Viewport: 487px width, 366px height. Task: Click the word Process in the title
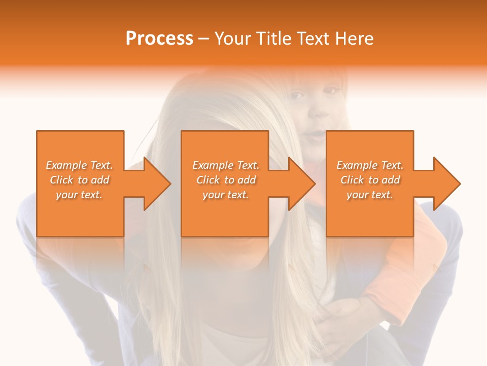pos(159,38)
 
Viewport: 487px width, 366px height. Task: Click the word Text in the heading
pos(314,38)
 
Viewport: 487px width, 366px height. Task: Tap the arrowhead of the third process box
pos(443,184)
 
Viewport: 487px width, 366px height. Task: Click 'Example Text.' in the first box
pos(80,165)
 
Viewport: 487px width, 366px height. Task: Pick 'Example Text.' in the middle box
pos(226,165)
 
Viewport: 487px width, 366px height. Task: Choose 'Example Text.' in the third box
pos(370,165)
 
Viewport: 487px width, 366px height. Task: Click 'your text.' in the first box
pos(79,195)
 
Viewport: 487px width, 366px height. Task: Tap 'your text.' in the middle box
pos(225,195)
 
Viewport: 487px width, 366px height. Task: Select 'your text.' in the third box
pos(369,195)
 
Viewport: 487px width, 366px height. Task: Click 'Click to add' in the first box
pos(80,180)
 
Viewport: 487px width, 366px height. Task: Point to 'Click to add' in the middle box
pos(226,180)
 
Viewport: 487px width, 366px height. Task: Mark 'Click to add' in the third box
pos(370,180)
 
